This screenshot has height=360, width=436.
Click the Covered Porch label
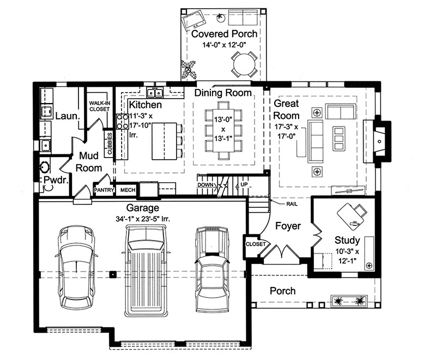click(225, 34)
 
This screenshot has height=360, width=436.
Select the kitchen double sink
click(156, 91)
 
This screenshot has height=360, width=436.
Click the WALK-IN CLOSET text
click(100, 105)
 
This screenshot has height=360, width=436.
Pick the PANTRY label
click(103, 190)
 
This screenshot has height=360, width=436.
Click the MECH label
click(128, 190)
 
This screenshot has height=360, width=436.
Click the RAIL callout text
click(292, 203)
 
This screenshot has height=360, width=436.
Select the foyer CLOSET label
click(255, 244)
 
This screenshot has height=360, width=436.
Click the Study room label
click(347, 240)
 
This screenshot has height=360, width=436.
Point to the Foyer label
click(287, 226)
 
